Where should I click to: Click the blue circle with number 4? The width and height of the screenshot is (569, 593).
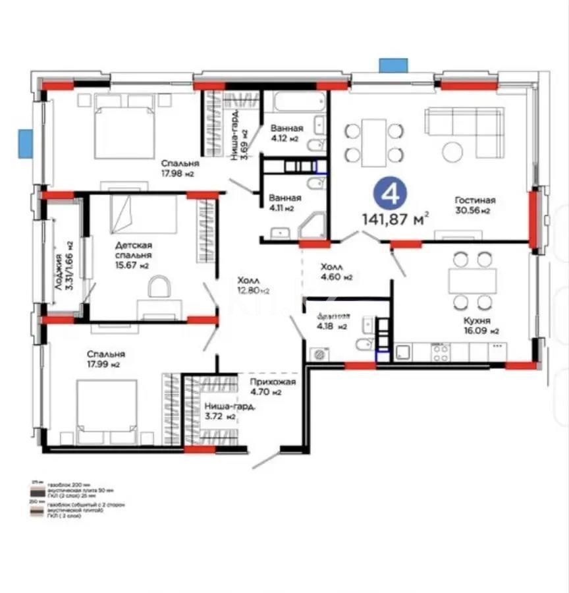click(x=391, y=194)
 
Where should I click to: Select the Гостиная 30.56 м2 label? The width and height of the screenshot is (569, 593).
click(x=474, y=205)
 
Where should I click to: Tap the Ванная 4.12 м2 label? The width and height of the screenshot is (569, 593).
click(x=286, y=133)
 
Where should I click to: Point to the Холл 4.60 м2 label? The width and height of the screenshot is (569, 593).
click(x=336, y=272)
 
